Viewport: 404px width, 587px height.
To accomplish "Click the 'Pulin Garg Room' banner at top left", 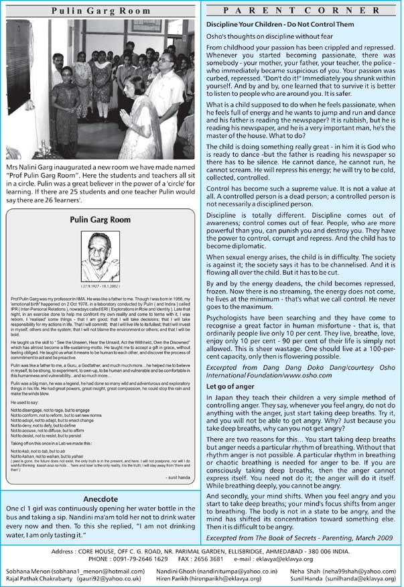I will (102, 11).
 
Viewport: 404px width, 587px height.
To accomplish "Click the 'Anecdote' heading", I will (100, 499).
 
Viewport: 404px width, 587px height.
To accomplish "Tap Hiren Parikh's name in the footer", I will (177, 580).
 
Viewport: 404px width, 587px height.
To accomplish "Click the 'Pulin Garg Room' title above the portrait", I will (101, 219).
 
